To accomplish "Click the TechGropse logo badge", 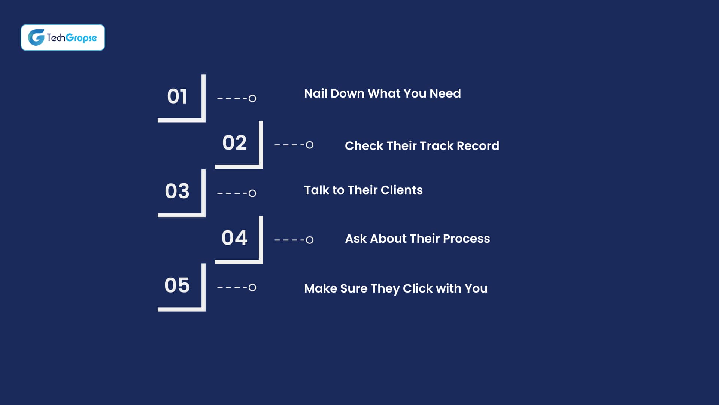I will [x=63, y=37].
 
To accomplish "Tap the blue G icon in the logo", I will [x=36, y=37].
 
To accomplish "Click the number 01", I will [x=177, y=96].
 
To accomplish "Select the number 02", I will [x=234, y=143].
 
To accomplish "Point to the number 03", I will [x=177, y=191].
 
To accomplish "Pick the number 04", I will [x=234, y=238].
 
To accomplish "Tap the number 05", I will [x=177, y=285].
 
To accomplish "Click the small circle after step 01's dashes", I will [x=252, y=98].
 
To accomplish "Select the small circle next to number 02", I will [x=309, y=145].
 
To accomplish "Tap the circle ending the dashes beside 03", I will [x=252, y=193].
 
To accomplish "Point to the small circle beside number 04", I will [x=309, y=240].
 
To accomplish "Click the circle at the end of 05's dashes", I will [x=252, y=287].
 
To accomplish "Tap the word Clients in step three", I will [x=401, y=190].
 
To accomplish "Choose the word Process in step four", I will [x=466, y=238].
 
